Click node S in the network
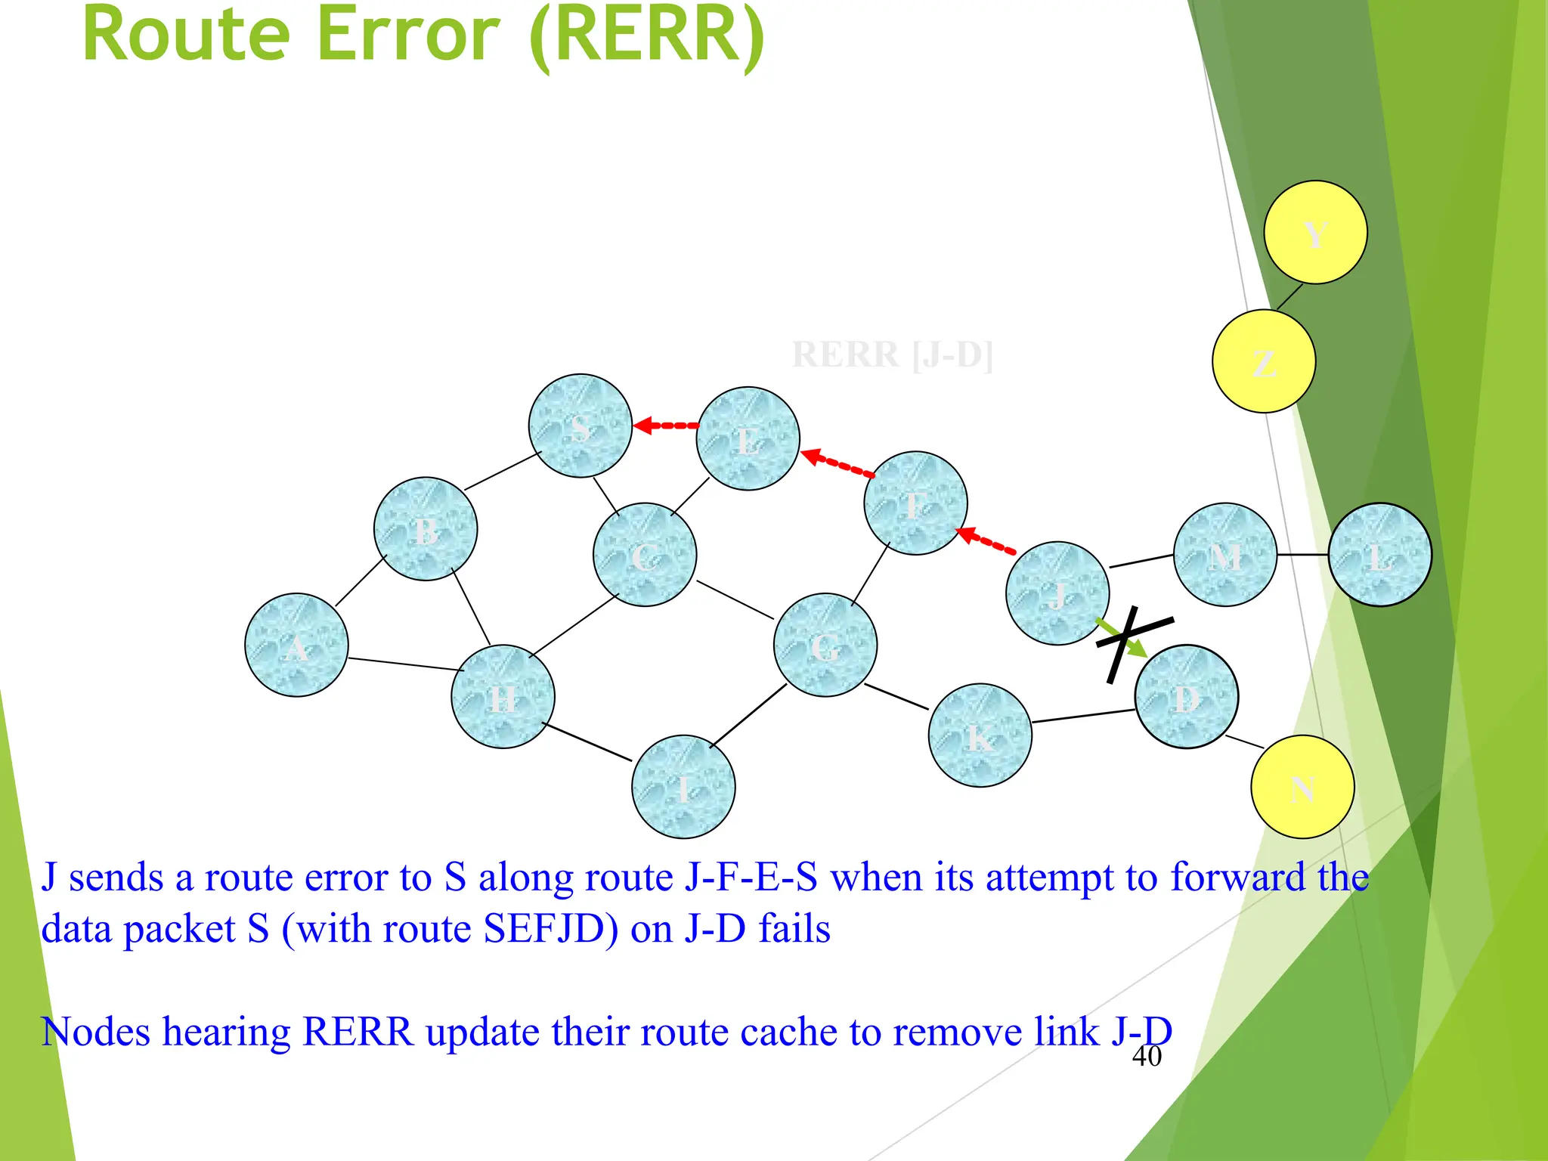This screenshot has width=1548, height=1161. pyautogui.click(x=580, y=426)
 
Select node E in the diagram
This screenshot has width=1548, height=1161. pyautogui.click(x=748, y=438)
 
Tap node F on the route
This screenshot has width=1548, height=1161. pyautogui.click(x=915, y=503)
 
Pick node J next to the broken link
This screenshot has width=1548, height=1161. pyautogui.click(x=1057, y=593)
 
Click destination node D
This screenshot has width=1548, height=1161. pyautogui.click(x=1186, y=696)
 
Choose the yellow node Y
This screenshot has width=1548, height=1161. pyautogui.click(x=1315, y=232)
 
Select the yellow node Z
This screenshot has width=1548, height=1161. pyautogui.click(x=1264, y=361)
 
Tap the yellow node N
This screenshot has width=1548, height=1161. pyautogui.click(x=1302, y=787)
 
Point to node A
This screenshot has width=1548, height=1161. pyautogui.click(x=296, y=645)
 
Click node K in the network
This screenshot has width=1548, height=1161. pyautogui.click(x=980, y=735)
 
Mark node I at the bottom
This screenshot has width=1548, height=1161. pyautogui.click(x=683, y=787)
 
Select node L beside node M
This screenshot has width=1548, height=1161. pyautogui.click(x=1379, y=555)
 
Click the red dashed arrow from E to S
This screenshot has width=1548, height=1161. pyautogui.click(x=666, y=426)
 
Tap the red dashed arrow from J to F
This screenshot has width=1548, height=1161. pyautogui.click(x=987, y=542)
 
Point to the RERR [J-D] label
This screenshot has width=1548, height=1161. pyautogui.click(x=892, y=354)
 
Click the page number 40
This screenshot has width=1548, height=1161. pyautogui.click(x=1146, y=1057)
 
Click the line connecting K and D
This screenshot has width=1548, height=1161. pyautogui.click(x=1083, y=716)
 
